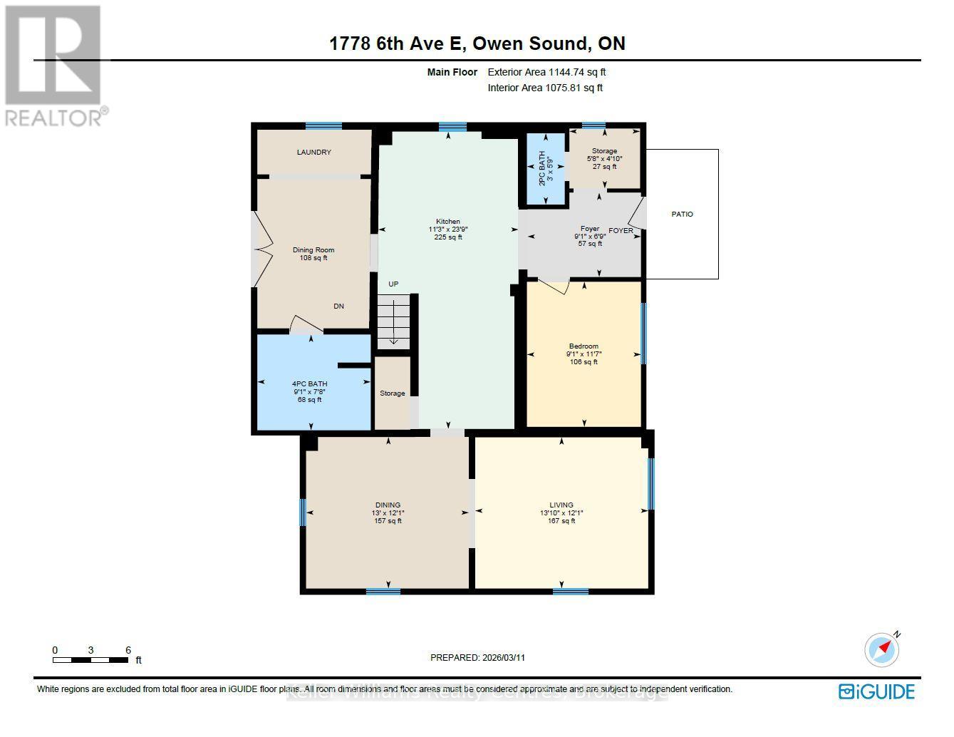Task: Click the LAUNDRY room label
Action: click(313, 153)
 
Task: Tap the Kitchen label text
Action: click(448, 222)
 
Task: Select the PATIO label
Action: click(682, 215)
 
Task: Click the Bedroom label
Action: click(583, 346)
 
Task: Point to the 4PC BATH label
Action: click(309, 384)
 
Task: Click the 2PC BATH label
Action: click(542, 169)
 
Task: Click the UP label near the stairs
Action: click(393, 284)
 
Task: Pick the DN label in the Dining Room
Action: click(339, 306)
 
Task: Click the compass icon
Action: click(881, 649)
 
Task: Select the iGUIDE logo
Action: click(876, 691)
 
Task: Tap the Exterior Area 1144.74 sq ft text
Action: click(546, 72)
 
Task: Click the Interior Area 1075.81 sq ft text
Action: click(545, 88)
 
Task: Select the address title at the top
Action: click(477, 43)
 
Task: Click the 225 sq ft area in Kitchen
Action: click(448, 237)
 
